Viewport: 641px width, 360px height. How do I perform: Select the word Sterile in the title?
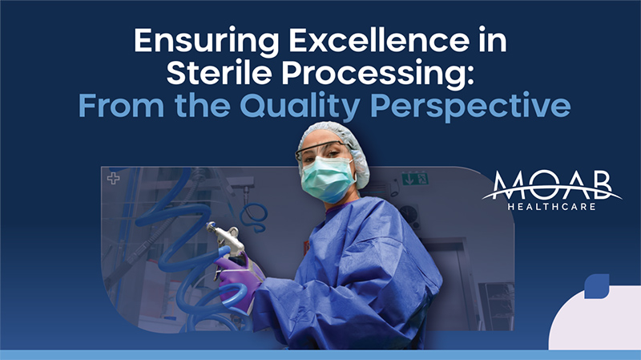click(x=219, y=73)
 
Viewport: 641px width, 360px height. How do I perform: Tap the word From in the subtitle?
click(x=121, y=106)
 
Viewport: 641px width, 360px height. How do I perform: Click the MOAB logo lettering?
click(x=552, y=185)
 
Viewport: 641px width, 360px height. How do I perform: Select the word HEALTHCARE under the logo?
click(x=551, y=207)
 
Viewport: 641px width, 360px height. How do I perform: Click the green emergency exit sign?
click(x=414, y=179)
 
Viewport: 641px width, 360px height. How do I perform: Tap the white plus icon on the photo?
click(x=113, y=178)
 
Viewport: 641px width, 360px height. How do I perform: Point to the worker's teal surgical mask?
click(x=328, y=179)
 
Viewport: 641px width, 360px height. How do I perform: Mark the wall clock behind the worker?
click(x=410, y=216)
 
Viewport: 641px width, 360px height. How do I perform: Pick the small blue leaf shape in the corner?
click(x=597, y=286)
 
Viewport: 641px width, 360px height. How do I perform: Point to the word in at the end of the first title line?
click(x=494, y=40)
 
